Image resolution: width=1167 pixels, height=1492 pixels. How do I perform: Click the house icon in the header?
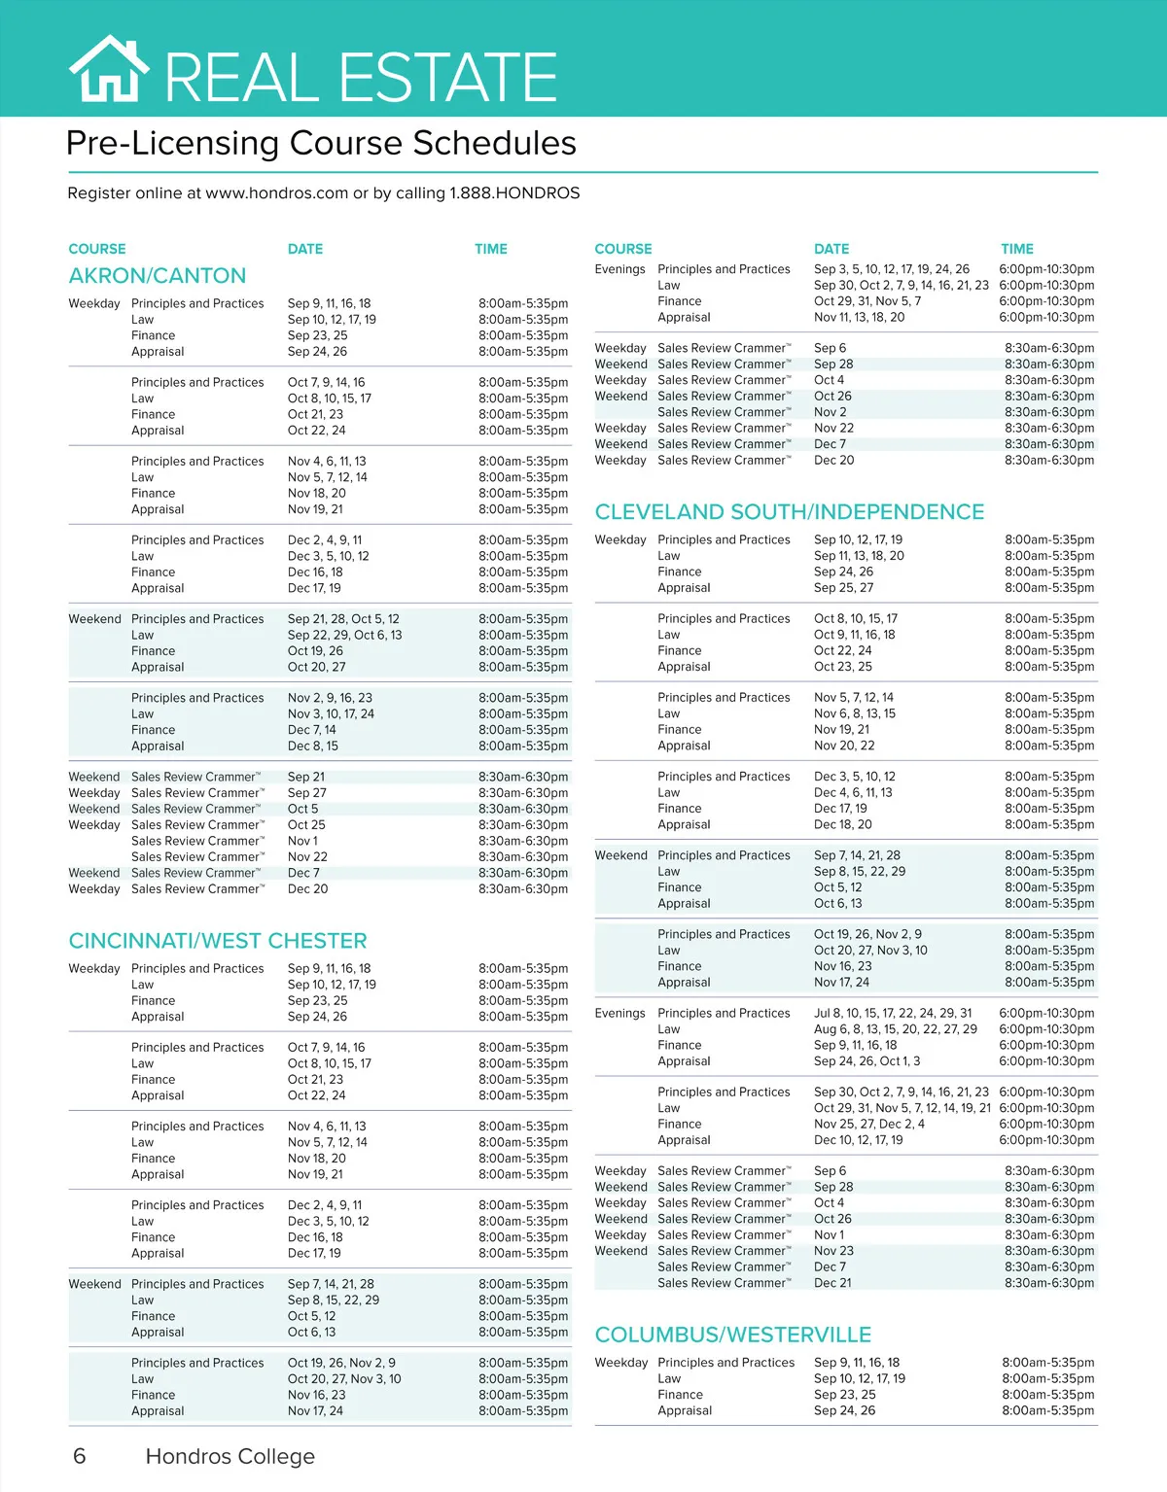(109, 70)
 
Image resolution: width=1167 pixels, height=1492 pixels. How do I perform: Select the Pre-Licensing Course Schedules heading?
(321, 144)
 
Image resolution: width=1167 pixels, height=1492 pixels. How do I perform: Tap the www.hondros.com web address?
(276, 193)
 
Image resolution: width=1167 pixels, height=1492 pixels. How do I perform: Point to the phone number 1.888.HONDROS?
(514, 193)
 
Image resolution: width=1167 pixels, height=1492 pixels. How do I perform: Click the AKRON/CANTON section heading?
(158, 276)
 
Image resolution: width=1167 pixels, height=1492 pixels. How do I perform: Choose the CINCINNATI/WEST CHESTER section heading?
(218, 941)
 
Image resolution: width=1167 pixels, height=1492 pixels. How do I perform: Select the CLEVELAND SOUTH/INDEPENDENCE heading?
(790, 512)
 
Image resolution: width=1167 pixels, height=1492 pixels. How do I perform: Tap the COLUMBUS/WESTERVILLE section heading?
(733, 1335)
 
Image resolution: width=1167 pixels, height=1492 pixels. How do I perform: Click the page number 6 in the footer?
(80, 1456)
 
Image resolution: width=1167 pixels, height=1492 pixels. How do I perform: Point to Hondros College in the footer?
(230, 1456)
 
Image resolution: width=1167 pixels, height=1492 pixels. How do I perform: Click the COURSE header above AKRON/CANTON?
(97, 249)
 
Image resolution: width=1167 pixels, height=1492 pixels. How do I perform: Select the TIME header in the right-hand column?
(1017, 249)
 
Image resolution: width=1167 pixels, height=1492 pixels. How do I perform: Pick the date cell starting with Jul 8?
(893, 1013)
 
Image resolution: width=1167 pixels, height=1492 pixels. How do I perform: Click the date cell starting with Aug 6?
(896, 1029)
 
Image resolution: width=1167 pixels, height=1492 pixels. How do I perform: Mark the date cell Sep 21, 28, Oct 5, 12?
(343, 619)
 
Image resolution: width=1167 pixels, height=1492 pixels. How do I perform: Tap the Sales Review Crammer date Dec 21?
(832, 1283)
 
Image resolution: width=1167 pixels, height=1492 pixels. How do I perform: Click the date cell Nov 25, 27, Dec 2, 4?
(869, 1124)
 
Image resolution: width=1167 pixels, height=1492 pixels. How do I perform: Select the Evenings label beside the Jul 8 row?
(620, 1013)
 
